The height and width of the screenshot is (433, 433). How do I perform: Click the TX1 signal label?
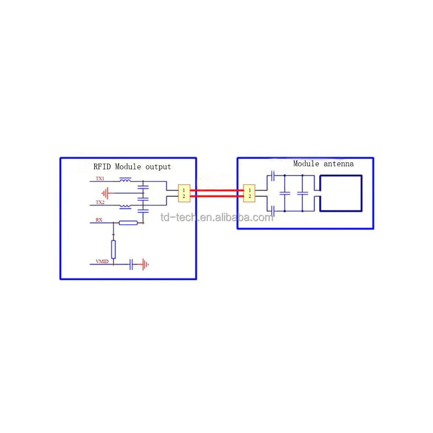click(x=100, y=179)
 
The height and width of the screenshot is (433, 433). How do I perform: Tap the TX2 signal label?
click(x=100, y=203)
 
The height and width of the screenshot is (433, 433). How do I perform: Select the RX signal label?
click(x=99, y=220)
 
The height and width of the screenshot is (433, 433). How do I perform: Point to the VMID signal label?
click(x=102, y=262)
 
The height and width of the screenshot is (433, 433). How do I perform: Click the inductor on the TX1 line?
click(x=126, y=180)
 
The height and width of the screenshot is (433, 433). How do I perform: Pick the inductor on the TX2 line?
click(x=126, y=206)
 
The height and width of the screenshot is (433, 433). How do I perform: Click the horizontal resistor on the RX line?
click(x=128, y=223)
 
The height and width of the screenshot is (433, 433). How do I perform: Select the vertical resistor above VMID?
click(x=113, y=249)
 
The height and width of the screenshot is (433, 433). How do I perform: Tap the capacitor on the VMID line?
click(x=131, y=264)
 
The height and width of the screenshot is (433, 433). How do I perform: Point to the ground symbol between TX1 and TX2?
click(x=105, y=192)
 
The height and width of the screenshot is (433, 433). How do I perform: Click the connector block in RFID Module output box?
click(x=184, y=194)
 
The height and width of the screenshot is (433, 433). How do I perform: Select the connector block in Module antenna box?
click(x=249, y=194)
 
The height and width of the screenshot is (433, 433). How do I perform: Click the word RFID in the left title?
click(x=103, y=167)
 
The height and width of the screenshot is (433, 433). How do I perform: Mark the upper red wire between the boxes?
click(x=216, y=190)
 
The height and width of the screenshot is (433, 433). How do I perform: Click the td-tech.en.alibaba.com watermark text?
click(x=217, y=217)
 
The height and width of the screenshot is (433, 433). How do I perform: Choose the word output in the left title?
click(x=158, y=167)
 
